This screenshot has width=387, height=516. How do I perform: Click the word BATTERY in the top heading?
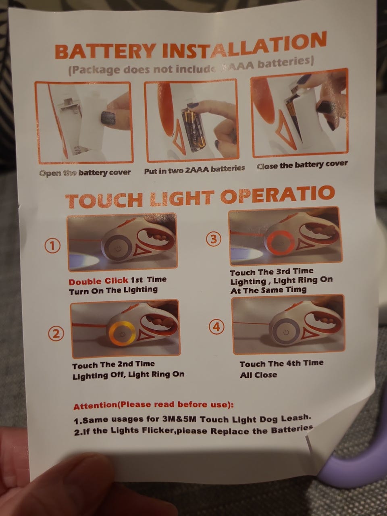click(105, 51)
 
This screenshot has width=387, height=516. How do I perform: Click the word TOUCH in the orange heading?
click(104, 201)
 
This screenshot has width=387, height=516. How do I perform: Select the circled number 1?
click(53, 246)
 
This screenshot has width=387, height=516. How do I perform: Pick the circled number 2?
click(56, 334)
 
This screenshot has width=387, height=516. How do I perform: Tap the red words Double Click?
click(99, 281)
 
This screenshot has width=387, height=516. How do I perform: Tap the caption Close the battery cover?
click(302, 165)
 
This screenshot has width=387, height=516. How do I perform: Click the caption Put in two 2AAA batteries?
click(194, 169)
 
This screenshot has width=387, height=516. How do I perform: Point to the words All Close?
click(258, 375)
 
